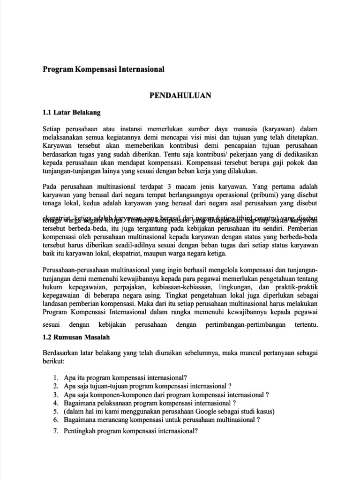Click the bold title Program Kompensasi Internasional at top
tap(104, 69)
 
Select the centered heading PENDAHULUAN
tap(180, 96)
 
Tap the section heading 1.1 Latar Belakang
tap(71, 112)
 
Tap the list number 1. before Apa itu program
tap(56, 377)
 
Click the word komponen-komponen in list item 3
tap(116, 395)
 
